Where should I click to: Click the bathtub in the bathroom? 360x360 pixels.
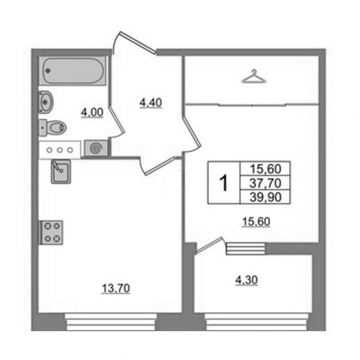coord(72,71)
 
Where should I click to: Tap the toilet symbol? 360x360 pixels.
coord(53,127)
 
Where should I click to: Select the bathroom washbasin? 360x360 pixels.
coord(46,102)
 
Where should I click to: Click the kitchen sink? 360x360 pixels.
coord(60,171)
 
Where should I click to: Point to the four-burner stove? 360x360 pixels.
coord(51,233)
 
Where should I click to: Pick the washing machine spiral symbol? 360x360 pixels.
coord(96,148)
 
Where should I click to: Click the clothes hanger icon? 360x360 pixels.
coord(254,76)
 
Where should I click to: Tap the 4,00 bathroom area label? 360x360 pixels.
coord(92,113)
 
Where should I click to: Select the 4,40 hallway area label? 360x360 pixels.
coord(150,103)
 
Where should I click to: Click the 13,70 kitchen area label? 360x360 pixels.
coord(116,288)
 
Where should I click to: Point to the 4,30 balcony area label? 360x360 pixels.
coord(247,280)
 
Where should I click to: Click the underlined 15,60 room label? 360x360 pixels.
coord(256,222)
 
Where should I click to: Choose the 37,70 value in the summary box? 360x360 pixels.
coord(265,184)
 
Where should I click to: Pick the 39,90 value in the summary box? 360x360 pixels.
coord(265,197)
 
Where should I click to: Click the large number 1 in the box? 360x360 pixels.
coord(224,183)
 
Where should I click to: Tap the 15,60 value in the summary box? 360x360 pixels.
coord(266,169)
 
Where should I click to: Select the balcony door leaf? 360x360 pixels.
coord(209,245)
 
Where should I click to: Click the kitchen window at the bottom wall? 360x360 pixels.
coord(111,322)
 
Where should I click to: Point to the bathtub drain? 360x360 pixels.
coord(49,71)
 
